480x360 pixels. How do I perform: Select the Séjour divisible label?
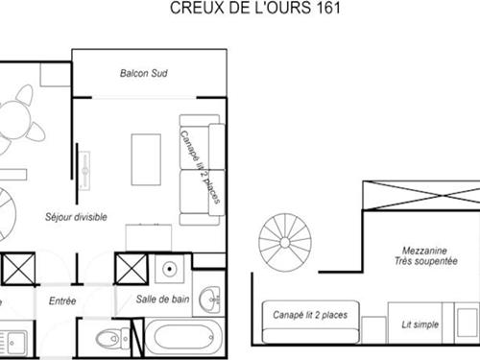click(x=76, y=217)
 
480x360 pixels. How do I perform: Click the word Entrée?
click(x=62, y=300)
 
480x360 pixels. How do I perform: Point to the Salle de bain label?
click(x=160, y=300)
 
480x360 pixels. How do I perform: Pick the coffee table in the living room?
click(x=146, y=160)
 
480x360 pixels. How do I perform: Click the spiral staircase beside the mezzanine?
click(x=286, y=241)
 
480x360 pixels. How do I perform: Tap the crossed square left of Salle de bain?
click(x=129, y=269)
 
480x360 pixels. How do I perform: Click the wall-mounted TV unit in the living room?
click(x=86, y=173)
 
